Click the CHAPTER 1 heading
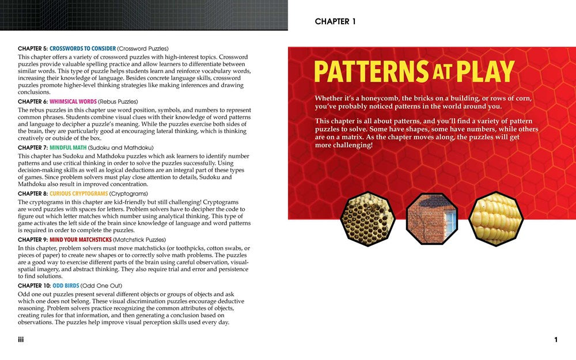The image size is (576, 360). tap(335, 22)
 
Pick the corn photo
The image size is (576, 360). tap(495, 219)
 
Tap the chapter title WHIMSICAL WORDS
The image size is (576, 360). tap(78, 101)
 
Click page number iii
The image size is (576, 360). tap(21, 340)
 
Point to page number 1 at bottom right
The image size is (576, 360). tap(556, 340)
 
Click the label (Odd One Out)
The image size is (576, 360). tap(100, 286)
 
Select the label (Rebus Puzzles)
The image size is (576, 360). tap(123, 101)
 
